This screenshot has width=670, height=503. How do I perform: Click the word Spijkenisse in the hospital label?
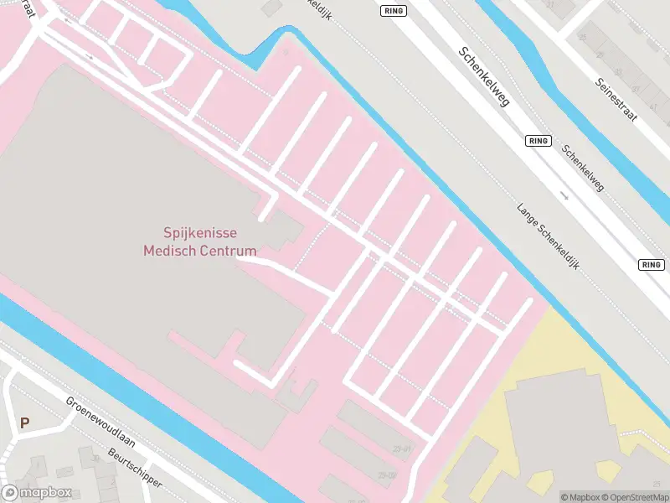[199, 233]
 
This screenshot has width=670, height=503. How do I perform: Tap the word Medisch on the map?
[171, 250]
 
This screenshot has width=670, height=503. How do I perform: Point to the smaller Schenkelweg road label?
[583, 169]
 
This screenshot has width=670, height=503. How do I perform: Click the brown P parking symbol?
[24, 423]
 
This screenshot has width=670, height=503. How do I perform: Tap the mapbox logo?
[37, 493]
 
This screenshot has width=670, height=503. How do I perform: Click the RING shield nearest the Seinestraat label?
[539, 141]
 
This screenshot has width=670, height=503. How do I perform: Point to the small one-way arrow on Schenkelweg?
[564, 196]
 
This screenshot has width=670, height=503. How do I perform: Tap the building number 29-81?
[401, 449]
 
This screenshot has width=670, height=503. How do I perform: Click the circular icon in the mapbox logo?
[11, 493]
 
